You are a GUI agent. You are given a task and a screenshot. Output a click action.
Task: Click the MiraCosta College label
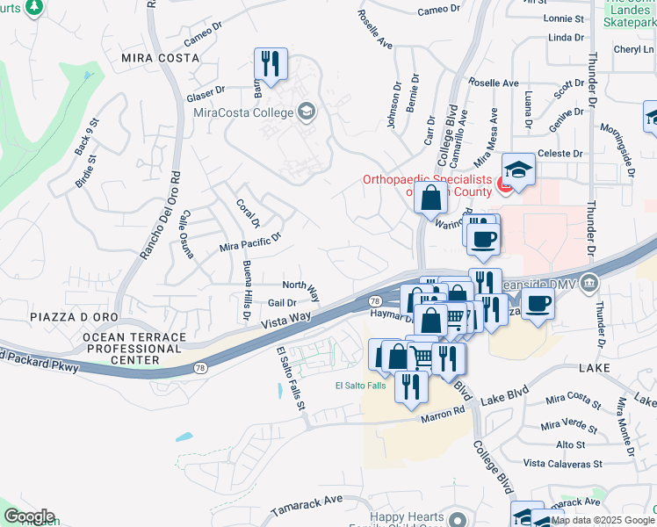242,112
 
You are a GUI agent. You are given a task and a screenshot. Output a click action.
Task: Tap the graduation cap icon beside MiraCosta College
307,111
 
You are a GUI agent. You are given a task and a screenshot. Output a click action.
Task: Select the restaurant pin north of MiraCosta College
269,64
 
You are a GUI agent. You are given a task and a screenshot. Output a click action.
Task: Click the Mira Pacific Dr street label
250,242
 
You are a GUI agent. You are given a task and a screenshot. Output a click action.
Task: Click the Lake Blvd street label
504,393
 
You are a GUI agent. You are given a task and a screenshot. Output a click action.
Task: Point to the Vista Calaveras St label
562,463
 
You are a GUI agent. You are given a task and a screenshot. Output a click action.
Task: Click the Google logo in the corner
28,516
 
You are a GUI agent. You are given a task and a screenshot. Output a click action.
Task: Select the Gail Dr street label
282,303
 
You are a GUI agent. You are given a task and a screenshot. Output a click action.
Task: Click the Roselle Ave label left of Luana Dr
493,83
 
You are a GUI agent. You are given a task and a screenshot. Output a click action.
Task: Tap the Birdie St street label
87,175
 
